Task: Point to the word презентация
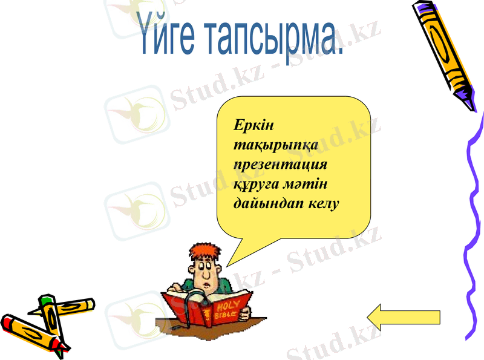coord(281,165)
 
